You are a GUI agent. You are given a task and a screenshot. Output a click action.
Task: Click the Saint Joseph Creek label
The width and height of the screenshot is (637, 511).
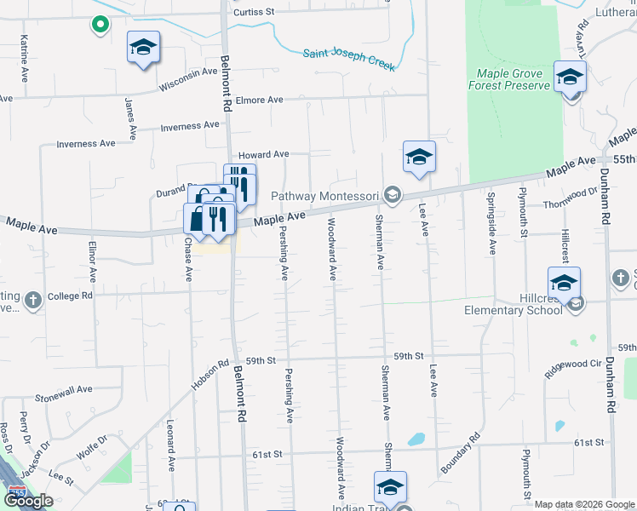(348, 60)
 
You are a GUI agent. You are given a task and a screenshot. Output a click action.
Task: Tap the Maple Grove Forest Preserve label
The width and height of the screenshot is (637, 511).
(509, 79)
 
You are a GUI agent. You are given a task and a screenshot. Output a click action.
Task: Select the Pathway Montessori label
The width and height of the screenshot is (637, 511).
(324, 197)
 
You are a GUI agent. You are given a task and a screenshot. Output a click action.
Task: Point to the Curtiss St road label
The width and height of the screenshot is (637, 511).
(255, 13)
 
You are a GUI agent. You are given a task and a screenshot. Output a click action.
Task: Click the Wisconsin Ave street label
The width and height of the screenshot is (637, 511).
(188, 78)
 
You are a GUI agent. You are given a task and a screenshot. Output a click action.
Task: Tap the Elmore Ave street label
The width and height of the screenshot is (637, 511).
(259, 100)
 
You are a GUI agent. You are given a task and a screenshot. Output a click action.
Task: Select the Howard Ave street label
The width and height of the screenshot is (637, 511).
(263, 155)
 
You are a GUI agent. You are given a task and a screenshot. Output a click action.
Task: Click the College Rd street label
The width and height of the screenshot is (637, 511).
(69, 296)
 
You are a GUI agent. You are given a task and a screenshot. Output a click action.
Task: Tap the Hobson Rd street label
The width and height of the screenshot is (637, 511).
(210, 373)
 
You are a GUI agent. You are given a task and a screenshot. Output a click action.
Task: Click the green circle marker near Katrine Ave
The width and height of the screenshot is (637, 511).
(100, 25)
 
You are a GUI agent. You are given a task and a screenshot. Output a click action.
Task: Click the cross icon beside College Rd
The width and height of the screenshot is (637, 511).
(32, 300)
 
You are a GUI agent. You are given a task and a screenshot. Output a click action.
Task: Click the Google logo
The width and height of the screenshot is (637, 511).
(27, 501)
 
